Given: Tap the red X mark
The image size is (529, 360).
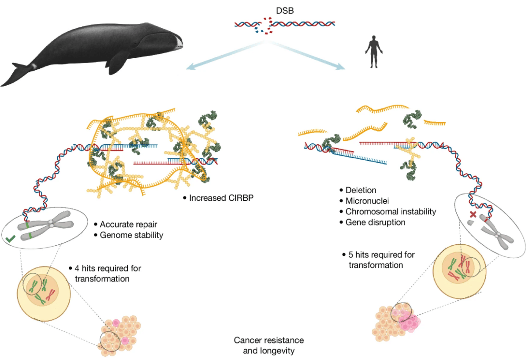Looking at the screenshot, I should click(x=472, y=214).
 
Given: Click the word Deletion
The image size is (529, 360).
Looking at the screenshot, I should click(x=361, y=190).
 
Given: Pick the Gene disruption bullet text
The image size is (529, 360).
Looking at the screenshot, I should click(x=375, y=222).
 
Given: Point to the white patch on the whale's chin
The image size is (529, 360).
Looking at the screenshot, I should click(x=178, y=42).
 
